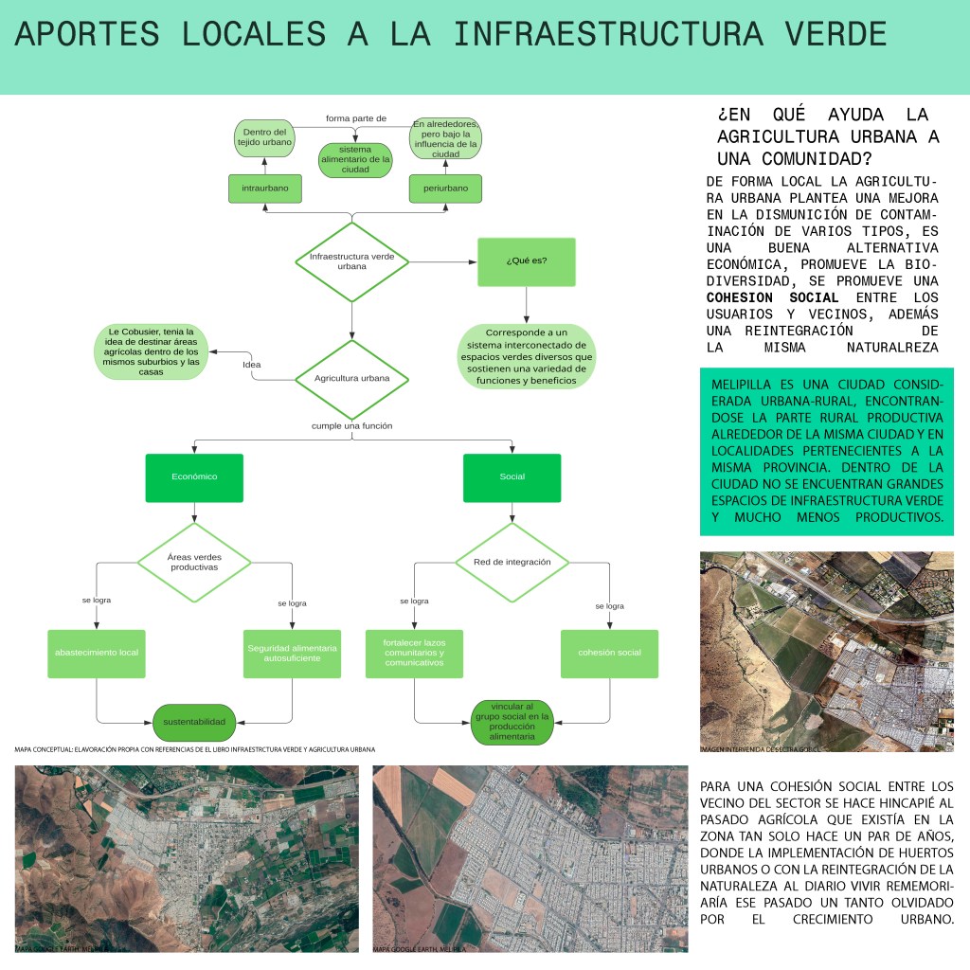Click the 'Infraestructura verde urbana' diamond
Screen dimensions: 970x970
pyautogui.click(x=351, y=261)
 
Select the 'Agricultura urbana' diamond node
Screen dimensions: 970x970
pyautogui.click(x=351, y=378)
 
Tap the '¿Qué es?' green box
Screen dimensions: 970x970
pyautogui.click(x=527, y=260)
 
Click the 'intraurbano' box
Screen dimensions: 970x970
pyautogui.click(x=265, y=189)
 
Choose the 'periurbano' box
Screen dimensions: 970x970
pyautogui.click(x=445, y=189)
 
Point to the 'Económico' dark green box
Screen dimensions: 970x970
pyautogui.click(x=194, y=477)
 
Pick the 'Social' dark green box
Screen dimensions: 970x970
pyautogui.click(x=512, y=477)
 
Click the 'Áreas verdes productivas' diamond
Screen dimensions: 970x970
pyautogui.click(x=194, y=562)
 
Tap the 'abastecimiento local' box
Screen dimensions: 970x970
pyautogui.click(x=97, y=653)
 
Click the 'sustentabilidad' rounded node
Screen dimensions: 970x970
pyautogui.click(x=194, y=722)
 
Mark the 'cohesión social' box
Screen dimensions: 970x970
pyautogui.click(x=609, y=653)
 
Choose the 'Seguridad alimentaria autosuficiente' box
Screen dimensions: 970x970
pyautogui.click(x=292, y=653)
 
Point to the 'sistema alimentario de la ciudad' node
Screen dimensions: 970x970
pyautogui.click(x=355, y=160)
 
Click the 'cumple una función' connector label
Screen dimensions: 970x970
pyautogui.click(x=351, y=426)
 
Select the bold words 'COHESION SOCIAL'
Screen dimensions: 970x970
pyautogui.click(x=773, y=297)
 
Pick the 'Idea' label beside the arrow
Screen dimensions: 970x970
pyautogui.click(x=252, y=365)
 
